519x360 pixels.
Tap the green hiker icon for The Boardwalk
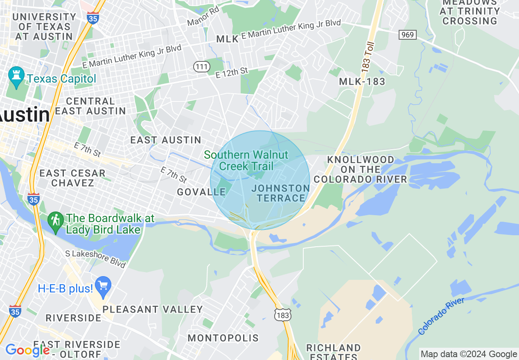55,221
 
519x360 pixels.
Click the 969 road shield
408,35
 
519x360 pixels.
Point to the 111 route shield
202,66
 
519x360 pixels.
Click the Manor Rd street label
203,16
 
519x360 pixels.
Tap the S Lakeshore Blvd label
95,259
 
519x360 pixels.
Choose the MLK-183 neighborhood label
362,82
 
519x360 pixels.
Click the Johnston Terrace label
281,193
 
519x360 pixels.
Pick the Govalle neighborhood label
201,192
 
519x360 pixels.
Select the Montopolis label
223,338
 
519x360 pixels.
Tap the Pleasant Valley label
153,309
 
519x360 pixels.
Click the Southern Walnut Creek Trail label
246,160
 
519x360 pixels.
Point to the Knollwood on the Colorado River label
360,169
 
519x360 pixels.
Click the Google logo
27,350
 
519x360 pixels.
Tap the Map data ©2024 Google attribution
469,354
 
